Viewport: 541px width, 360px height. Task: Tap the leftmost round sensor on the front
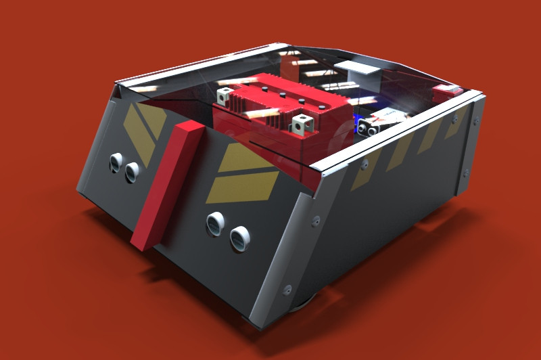point(116,161)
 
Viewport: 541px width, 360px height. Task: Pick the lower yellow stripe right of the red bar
point(243,187)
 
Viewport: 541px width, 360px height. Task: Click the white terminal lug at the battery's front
point(302,124)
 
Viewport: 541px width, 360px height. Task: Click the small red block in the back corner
point(447,91)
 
